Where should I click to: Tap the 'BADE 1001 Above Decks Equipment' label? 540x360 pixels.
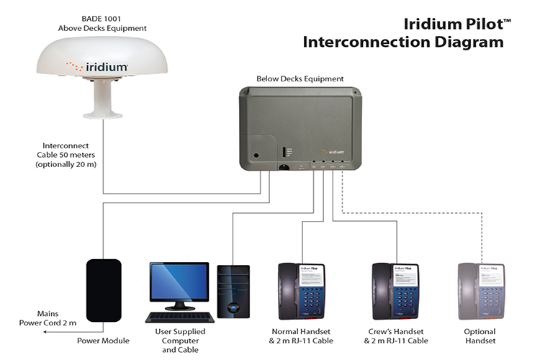click(x=102, y=24)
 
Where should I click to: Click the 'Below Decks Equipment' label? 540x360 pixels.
click(x=300, y=78)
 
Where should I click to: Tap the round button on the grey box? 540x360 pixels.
click(x=256, y=154)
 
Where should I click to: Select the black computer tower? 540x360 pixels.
click(x=233, y=291)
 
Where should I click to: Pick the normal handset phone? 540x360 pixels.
click(x=302, y=292)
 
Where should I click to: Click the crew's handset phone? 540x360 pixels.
click(x=396, y=292)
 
